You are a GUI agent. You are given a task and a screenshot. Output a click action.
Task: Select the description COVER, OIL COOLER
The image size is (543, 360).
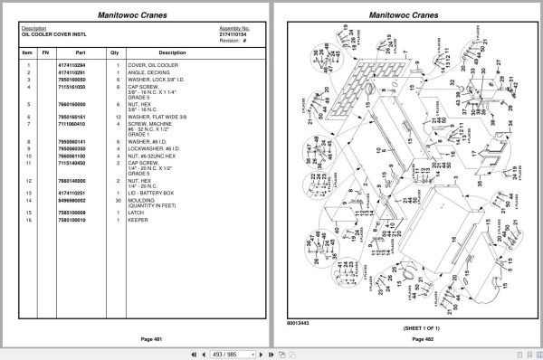pyautogui.click(x=149, y=66)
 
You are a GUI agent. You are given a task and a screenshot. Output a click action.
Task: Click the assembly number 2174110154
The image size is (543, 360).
pyautogui.click(x=233, y=33)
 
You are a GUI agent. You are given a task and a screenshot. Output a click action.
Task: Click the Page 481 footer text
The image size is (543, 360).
pyautogui.click(x=138, y=338)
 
